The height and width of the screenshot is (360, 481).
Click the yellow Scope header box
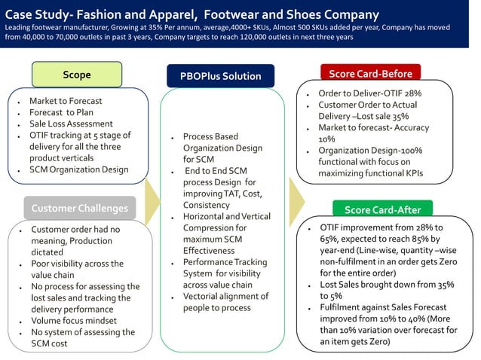pyautogui.click(x=77, y=75)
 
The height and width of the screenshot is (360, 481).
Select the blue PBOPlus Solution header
pyautogui.click(x=220, y=76)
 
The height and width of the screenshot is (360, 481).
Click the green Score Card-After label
pyautogui.click(x=382, y=209)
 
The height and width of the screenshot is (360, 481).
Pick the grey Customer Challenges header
pyautogui.click(x=80, y=208)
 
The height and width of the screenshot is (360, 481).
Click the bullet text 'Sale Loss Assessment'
pyautogui.click(x=71, y=124)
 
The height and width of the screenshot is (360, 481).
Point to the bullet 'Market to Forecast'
pyautogui.click(x=66, y=101)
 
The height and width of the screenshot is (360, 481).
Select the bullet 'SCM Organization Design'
pyautogui.click(x=78, y=169)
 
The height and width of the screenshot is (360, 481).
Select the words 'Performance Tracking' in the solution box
pyautogui.click(x=225, y=262)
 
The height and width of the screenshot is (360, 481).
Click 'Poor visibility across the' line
pyautogui.click(x=77, y=264)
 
